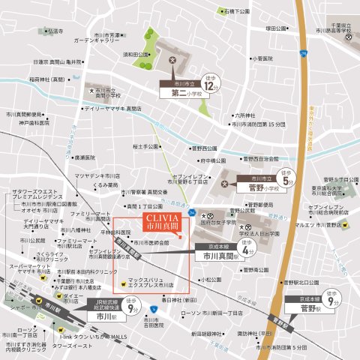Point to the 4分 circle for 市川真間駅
click(244, 248)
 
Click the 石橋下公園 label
click(232, 11)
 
